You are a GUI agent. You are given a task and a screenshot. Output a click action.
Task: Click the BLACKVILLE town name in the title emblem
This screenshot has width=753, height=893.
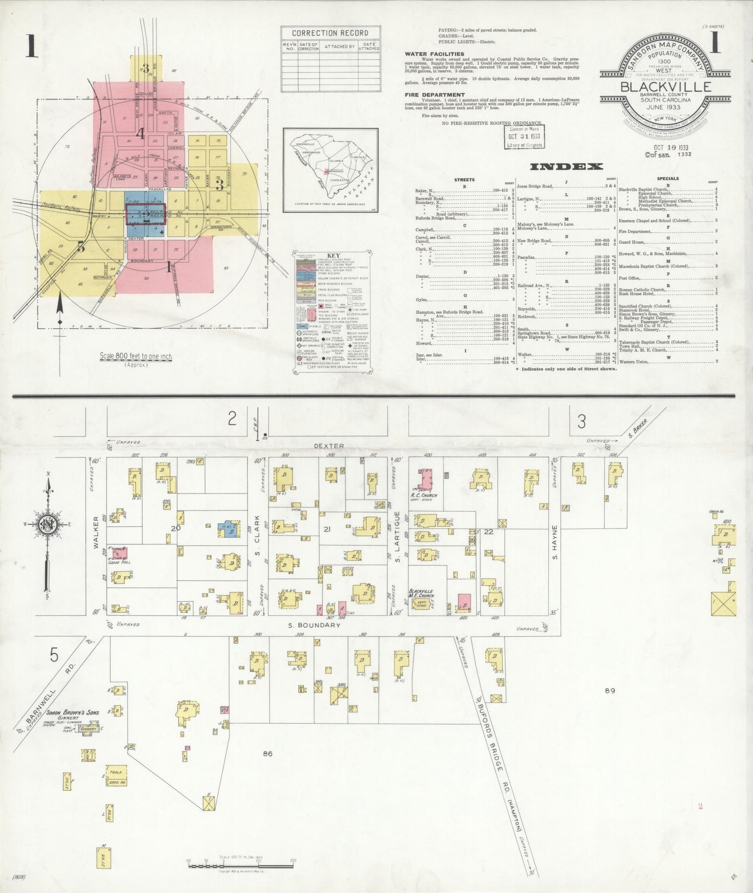665,86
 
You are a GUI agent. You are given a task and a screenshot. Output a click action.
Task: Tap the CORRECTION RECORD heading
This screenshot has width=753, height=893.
330,33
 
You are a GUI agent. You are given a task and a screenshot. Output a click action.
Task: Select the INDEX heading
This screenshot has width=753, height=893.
566,167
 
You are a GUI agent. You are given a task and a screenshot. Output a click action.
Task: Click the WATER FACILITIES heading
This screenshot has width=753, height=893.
434,54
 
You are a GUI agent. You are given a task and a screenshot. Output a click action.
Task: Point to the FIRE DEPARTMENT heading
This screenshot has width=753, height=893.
435,95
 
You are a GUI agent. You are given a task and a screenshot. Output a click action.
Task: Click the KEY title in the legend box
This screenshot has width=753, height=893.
333,256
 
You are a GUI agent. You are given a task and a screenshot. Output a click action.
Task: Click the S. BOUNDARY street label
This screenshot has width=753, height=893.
313,625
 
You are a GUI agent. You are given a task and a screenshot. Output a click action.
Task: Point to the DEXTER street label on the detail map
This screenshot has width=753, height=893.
328,446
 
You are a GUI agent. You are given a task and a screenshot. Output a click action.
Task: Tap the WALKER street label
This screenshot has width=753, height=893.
96,531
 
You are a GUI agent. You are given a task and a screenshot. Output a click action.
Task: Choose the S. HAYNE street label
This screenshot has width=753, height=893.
555,542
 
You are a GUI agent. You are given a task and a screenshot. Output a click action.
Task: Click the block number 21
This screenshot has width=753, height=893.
327,529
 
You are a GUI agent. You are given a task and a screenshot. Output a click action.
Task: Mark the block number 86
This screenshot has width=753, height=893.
267,753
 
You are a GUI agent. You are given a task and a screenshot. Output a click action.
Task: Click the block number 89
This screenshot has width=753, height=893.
610,691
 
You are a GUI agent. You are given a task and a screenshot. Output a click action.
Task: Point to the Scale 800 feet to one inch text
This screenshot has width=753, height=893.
136,356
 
